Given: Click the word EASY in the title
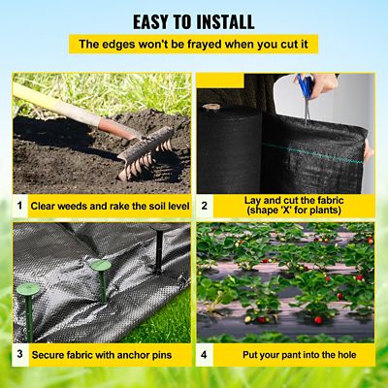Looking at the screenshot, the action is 151,22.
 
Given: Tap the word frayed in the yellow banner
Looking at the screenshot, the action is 204,45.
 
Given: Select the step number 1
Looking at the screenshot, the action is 20,205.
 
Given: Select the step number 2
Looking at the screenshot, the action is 204,206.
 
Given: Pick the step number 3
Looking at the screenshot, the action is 20,353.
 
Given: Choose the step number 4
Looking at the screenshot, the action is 204,355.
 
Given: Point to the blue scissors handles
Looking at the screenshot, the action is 306,85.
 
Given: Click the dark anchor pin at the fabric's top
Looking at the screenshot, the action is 159,248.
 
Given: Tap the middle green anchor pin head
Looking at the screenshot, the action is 101,266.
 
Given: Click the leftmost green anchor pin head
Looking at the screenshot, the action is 28,289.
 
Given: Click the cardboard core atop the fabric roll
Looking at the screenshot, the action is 211,107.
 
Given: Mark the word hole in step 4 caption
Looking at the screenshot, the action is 346,355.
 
